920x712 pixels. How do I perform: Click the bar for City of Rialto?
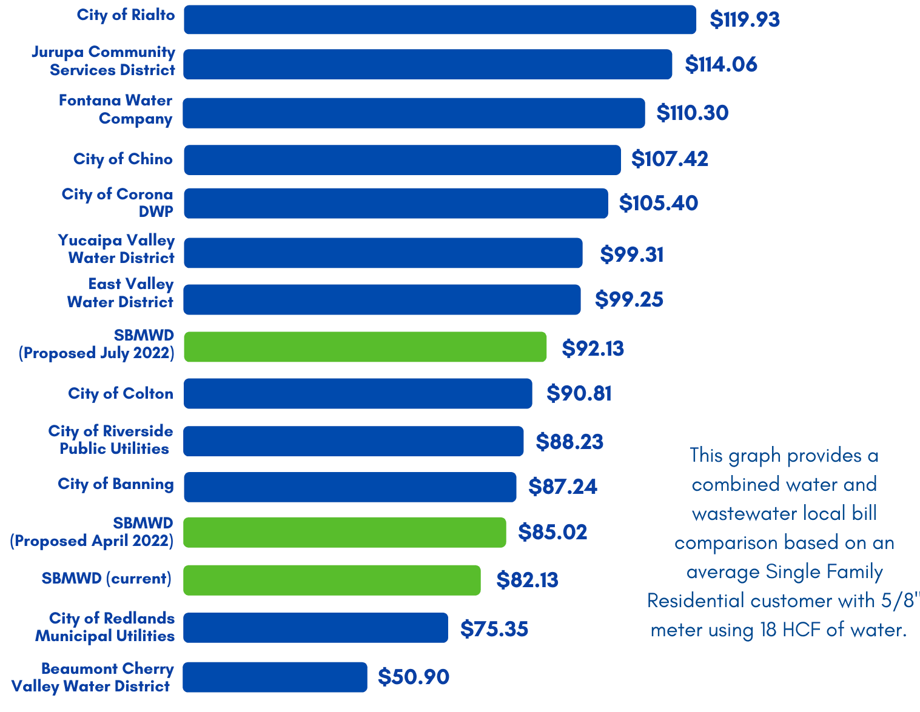(440, 20)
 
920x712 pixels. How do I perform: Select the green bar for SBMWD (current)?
(332, 580)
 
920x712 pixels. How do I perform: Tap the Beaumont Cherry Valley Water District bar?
(275, 677)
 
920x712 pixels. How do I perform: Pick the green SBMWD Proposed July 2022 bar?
(364, 347)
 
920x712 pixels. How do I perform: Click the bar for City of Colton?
(358, 393)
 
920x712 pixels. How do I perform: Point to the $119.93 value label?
(745, 19)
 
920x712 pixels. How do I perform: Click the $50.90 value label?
(414, 677)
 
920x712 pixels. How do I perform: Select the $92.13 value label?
(593, 348)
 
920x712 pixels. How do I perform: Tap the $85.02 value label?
(552, 532)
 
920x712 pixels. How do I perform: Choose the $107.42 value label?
(670, 159)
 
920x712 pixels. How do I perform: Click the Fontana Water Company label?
(115, 110)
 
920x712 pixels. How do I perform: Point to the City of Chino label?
(123, 159)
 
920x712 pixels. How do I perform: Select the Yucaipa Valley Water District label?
(116, 249)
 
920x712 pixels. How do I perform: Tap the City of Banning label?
(116, 484)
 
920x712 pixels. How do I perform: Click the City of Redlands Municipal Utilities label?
(105, 627)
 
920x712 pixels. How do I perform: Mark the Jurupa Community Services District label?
(103, 61)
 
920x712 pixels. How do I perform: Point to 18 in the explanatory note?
(768, 630)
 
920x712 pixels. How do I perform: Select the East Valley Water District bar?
(381, 300)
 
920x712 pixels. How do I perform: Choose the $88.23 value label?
(569, 441)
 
